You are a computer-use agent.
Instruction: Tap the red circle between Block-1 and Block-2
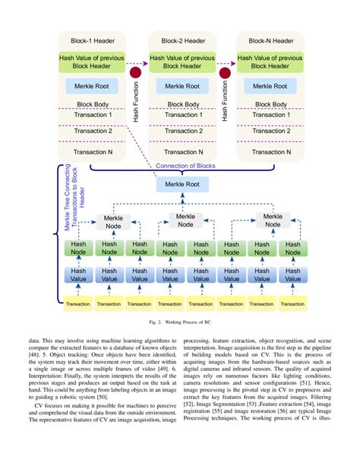click(x=137, y=73)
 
